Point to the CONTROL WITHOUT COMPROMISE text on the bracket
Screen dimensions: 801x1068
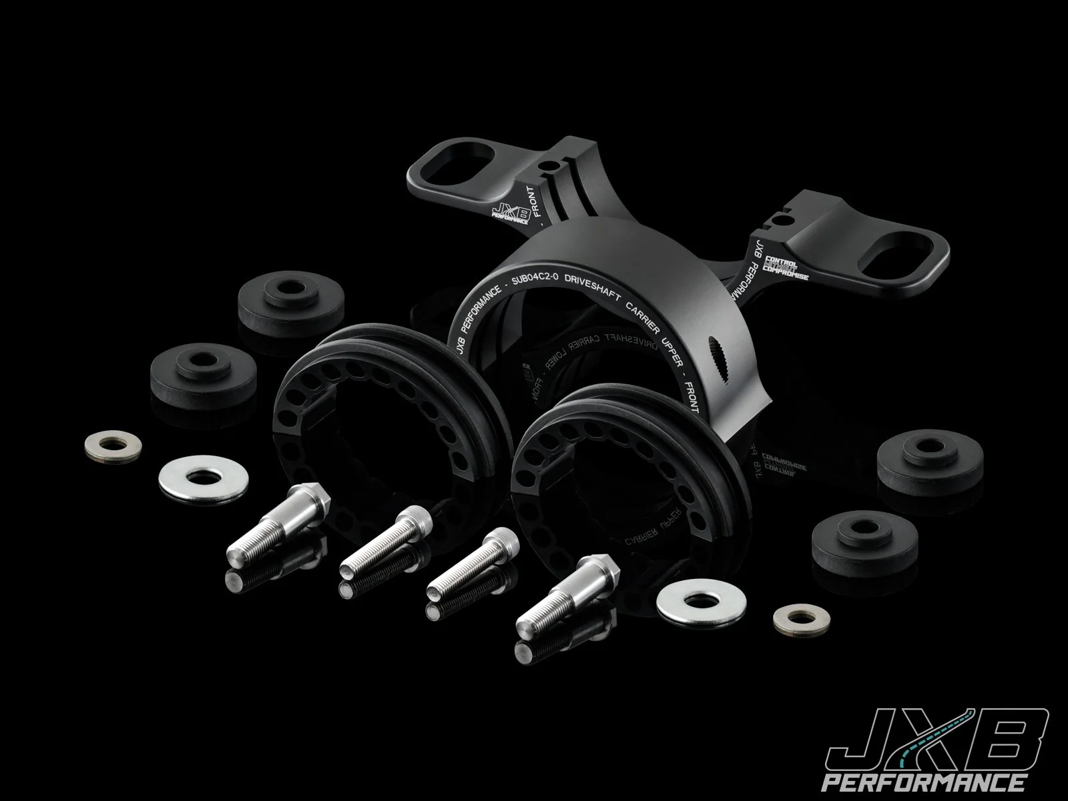coord(786,267)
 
